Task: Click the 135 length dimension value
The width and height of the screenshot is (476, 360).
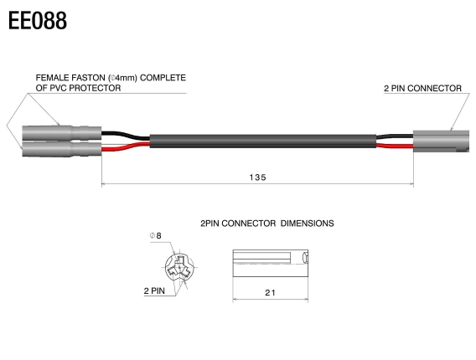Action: (x=257, y=177)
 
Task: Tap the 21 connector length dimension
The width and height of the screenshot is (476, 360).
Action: (x=268, y=292)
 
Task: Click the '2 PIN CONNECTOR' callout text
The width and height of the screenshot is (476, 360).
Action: (x=422, y=88)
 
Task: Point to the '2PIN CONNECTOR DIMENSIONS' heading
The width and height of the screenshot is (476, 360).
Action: (x=267, y=224)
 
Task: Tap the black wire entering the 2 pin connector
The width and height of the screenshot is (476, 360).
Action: (x=394, y=135)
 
